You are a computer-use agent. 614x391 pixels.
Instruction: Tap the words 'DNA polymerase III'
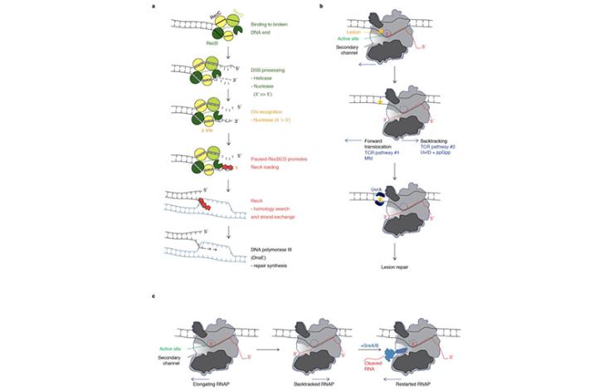[259, 237]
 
